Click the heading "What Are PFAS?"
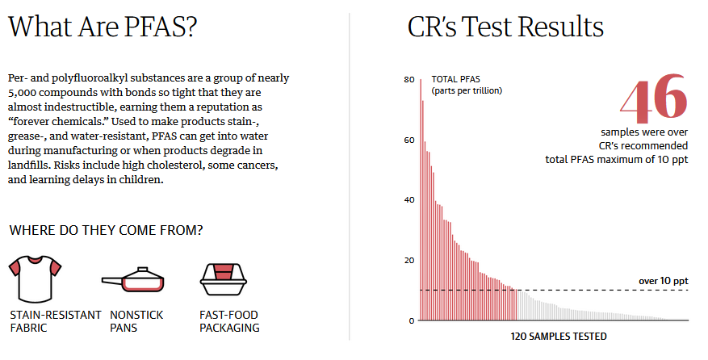click(x=103, y=28)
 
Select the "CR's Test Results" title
click(x=506, y=28)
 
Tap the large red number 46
click(x=654, y=98)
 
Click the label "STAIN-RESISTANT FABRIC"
click(x=55, y=321)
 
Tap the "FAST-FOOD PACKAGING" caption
click(x=228, y=321)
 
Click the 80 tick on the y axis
click(x=408, y=80)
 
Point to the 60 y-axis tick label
click(x=408, y=140)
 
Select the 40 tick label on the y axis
click(x=408, y=200)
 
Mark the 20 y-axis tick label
click(x=408, y=260)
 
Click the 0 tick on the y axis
click(x=411, y=320)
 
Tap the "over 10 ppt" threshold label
click(x=663, y=281)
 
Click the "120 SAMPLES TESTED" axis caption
click(x=558, y=335)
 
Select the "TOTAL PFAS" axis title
click(x=455, y=79)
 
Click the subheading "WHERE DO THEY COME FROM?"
click(x=106, y=231)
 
